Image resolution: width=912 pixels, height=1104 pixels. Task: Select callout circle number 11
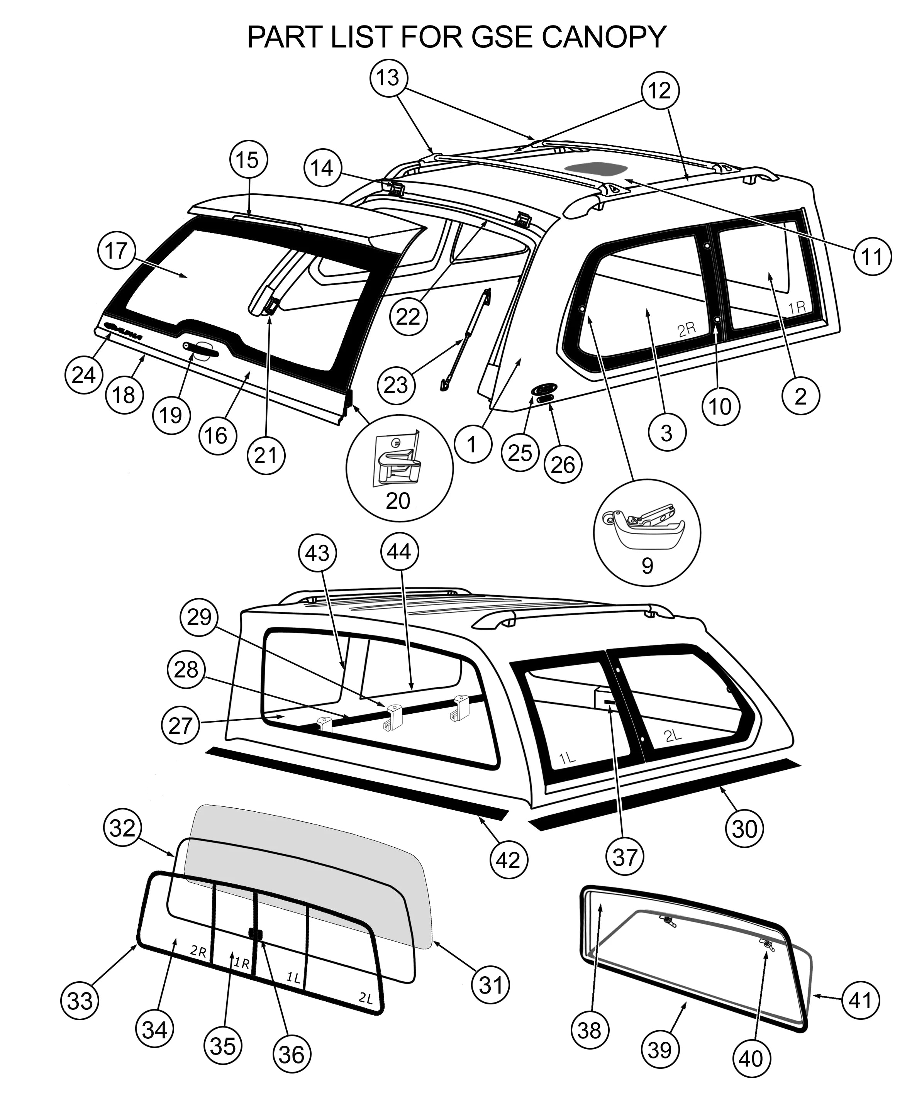873,256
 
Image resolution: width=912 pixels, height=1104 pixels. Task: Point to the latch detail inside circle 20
398,457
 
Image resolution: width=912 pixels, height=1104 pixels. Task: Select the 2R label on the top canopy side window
686,329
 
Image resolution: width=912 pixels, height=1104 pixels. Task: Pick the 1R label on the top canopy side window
797,307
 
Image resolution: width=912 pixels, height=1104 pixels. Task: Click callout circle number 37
625,858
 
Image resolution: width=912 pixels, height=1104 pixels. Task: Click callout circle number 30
744,829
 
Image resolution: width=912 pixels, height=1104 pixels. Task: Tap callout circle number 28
186,670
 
